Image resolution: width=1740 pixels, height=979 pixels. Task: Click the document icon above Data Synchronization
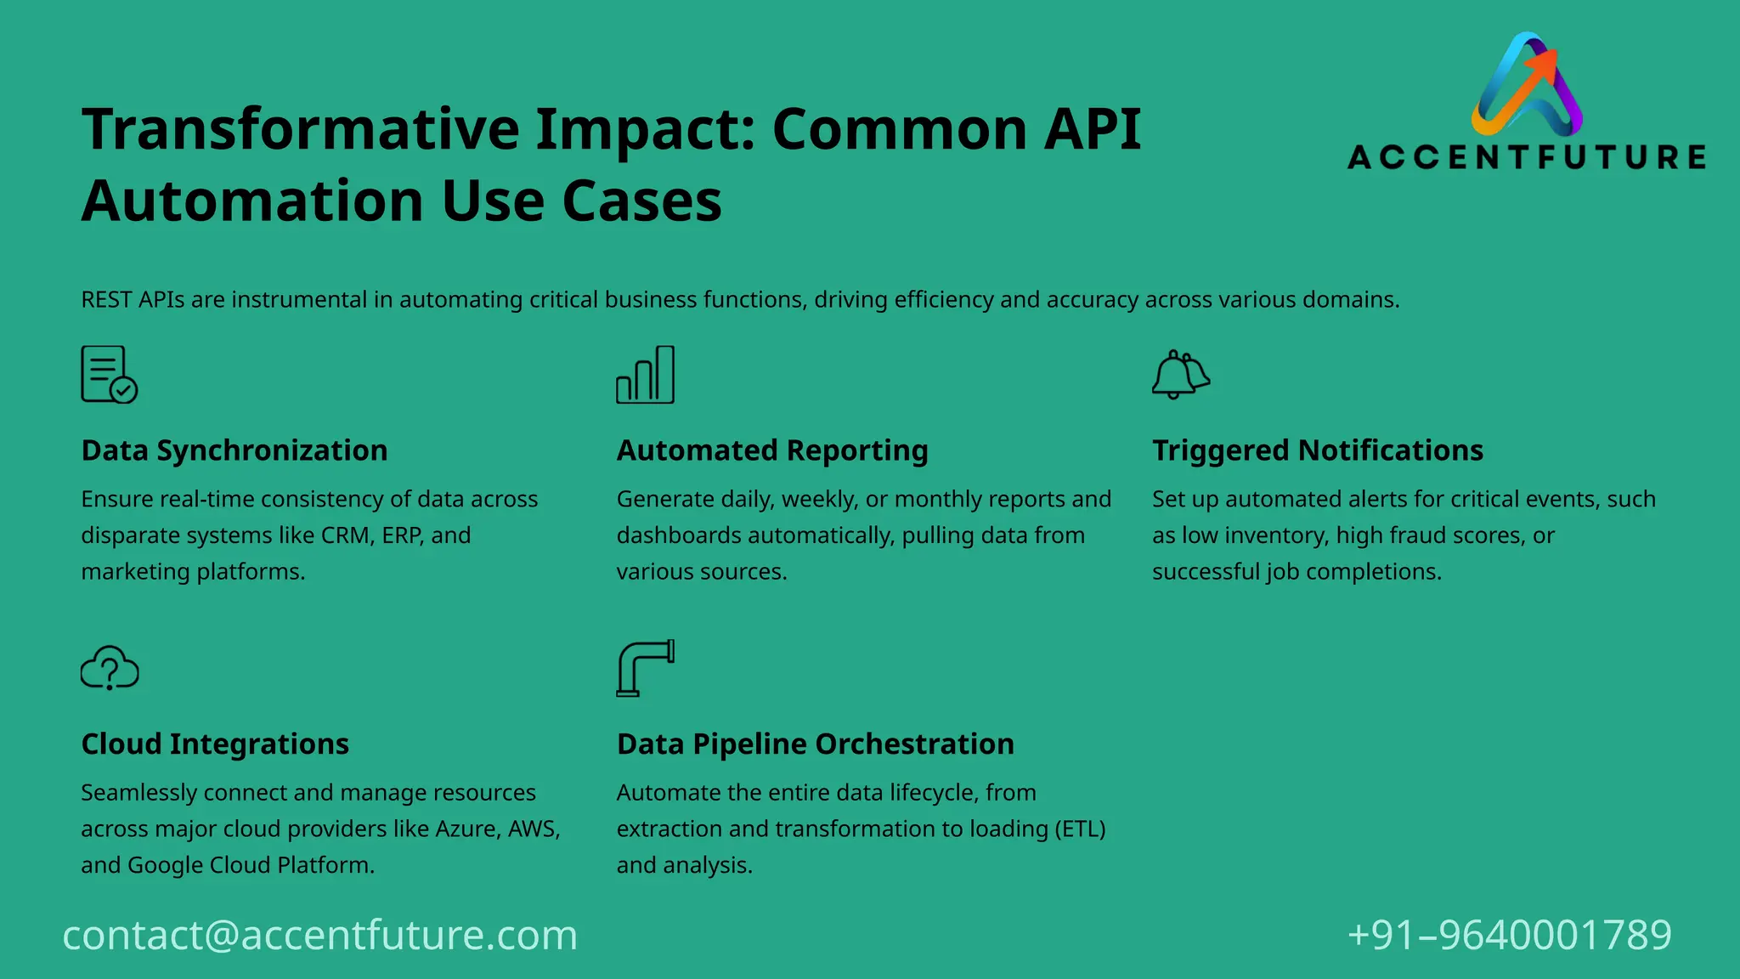pyautogui.click(x=109, y=375)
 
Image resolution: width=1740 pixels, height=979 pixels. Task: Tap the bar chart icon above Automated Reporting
pyautogui.click(x=645, y=375)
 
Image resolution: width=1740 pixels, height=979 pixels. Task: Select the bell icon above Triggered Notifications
pyautogui.click(x=1180, y=375)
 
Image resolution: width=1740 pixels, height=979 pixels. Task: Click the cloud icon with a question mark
pyautogui.click(x=110, y=668)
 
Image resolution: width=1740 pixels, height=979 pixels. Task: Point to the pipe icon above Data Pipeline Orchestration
pyautogui.click(x=645, y=668)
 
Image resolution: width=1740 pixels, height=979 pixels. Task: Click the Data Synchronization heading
pyautogui.click(x=234, y=450)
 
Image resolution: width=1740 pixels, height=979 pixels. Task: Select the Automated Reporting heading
pyautogui.click(x=772, y=450)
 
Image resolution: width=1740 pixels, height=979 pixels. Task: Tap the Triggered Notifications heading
pyautogui.click(x=1317, y=450)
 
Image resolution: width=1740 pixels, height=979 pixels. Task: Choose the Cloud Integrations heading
pyautogui.click(x=215, y=744)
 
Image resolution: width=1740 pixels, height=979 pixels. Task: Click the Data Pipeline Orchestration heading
pyautogui.click(x=815, y=744)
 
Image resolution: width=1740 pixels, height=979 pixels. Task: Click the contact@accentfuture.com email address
pyautogui.click(x=320, y=935)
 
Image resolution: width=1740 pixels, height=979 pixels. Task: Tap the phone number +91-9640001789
pyautogui.click(x=1509, y=935)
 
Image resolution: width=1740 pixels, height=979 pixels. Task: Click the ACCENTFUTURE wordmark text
pyautogui.click(x=1527, y=157)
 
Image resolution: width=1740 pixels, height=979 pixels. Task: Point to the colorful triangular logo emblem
pyautogui.click(x=1527, y=85)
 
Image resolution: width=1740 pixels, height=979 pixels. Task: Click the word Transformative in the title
pyautogui.click(x=300, y=130)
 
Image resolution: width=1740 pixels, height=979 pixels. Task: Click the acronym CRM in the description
pyautogui.click(x=345, y=535)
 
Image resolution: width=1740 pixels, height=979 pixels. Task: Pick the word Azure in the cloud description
pyautogui.click(x=466, y=829)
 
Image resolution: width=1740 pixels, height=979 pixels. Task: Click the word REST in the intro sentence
pyautogui.click(x=106, y=300)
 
